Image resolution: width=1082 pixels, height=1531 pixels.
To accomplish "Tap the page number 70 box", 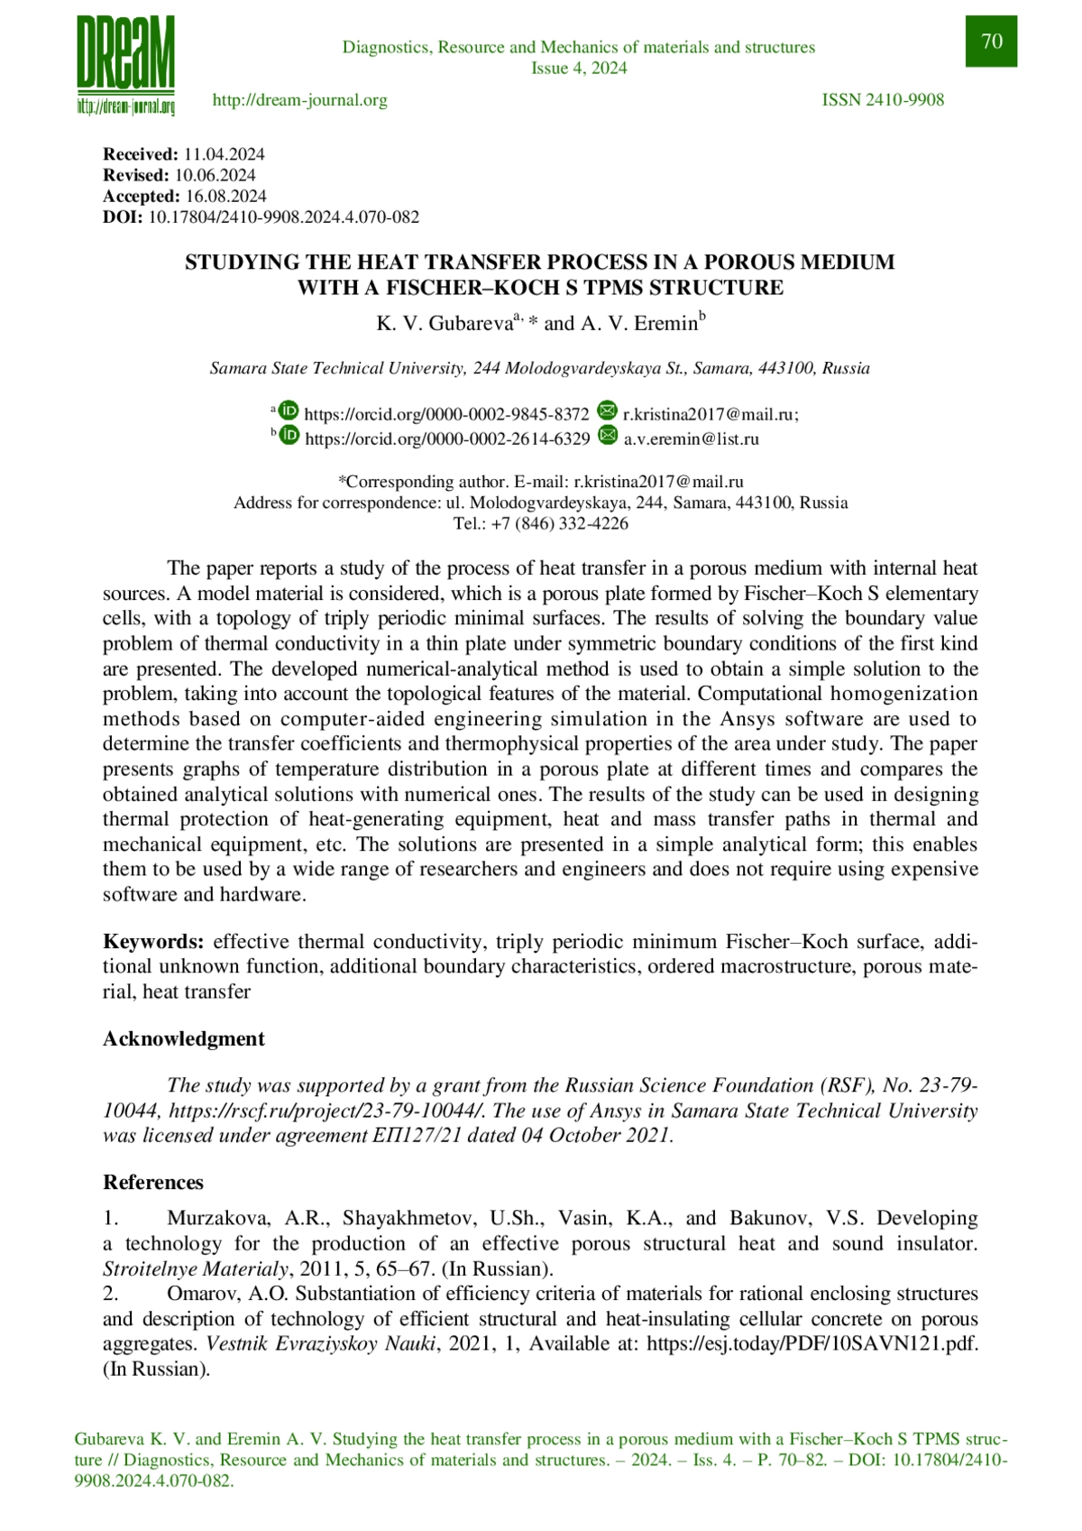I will (991, 42).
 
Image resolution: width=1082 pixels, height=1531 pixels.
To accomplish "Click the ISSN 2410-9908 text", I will (883, 100).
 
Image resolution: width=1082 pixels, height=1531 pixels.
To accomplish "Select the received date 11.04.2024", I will (224, 154).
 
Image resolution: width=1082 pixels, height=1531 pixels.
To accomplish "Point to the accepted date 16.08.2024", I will (226, 196).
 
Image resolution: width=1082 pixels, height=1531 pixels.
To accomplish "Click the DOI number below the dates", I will (283, 217).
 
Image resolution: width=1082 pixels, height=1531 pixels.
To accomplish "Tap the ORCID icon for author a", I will (288, 410).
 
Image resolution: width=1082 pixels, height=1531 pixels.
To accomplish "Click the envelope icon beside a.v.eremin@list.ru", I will (609, 436).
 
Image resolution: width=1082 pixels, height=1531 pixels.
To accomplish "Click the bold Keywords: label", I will (153, 942).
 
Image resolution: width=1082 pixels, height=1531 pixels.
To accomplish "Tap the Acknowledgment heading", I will (184, 1038).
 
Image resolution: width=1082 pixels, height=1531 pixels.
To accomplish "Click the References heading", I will (153, 1182).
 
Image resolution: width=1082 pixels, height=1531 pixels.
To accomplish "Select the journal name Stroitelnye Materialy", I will (195, 1268).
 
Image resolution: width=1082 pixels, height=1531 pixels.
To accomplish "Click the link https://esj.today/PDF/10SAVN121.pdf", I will (811, 1343).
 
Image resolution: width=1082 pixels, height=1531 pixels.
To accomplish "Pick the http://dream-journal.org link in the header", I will (299, 100).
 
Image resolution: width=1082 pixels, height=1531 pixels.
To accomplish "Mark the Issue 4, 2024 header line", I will (579, 68).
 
